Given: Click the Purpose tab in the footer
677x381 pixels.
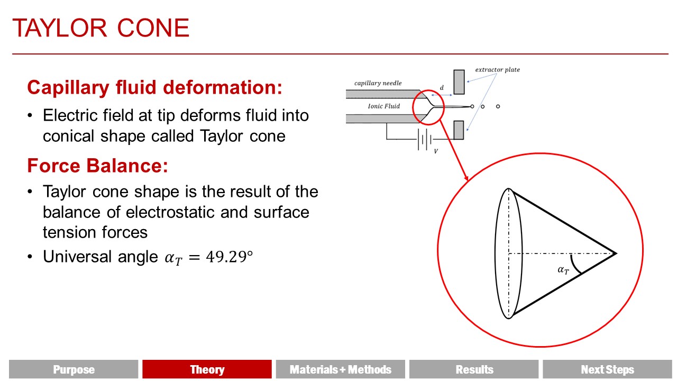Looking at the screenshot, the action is (x=74, y=369).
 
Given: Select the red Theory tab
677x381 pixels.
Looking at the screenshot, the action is (x=207, y=369).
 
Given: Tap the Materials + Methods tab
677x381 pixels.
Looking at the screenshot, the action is (x=340, y=369).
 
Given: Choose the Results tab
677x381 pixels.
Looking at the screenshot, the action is (x=474, y=369).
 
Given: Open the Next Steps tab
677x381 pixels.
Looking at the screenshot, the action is (x=608, y=369).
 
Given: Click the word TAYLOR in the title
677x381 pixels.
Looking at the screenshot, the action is (x=60, y=28).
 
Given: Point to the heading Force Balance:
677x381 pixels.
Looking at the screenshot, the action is (x=97, y=166).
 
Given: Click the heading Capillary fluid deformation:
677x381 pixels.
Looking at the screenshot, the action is (x=155, y=88).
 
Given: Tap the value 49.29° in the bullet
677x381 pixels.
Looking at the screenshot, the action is (x=229, y=257).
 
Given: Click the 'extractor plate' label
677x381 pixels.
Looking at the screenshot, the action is (x=498, y=69).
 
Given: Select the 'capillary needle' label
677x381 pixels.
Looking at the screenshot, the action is (x=378, y=83).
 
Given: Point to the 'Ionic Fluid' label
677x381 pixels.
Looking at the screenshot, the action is (x=384, y=106).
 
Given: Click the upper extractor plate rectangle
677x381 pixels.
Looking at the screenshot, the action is (x=459, y=82).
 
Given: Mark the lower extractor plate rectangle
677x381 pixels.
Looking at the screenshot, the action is (x=459, y=130).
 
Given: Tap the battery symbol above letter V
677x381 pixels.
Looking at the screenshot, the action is (x=425, y=139).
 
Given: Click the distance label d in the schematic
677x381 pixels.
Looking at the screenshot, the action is (x=442, y=88).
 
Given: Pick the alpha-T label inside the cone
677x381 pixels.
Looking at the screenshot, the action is (x=563, y=270).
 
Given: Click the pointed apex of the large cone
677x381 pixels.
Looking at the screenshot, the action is (x=616, y=253).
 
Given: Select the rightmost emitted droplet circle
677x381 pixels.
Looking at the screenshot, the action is (x=498, y=106).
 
